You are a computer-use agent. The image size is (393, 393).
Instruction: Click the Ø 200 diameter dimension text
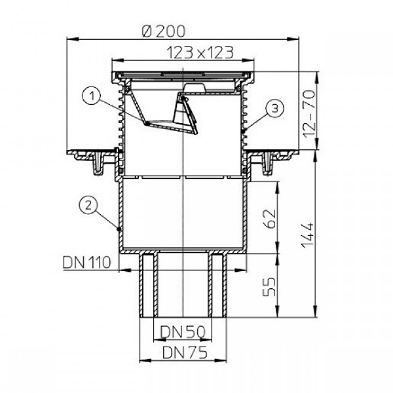click(x=164, y=31)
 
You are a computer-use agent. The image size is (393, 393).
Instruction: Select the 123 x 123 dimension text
click(x=200, y=52)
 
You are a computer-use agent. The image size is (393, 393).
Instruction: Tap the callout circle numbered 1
click(x=92, y=96)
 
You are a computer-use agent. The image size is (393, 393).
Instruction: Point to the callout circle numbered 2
click(x=88, y=206)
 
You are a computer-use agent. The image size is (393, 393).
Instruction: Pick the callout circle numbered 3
click(x=274, y=108)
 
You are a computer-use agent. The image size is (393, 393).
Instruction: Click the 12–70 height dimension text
click(x=309, y=114)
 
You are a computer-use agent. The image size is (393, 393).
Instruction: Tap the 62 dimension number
click(x=270, y=219)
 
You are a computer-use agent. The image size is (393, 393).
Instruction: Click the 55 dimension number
click(x=270, y=287)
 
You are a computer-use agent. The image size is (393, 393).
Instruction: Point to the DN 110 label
click(x=86, y=262)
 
